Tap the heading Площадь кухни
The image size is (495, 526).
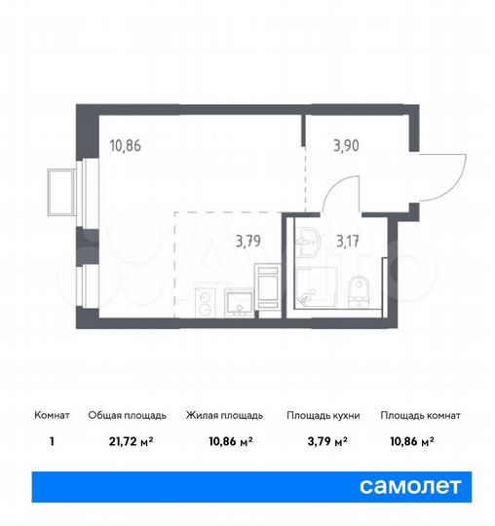(323, 415)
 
